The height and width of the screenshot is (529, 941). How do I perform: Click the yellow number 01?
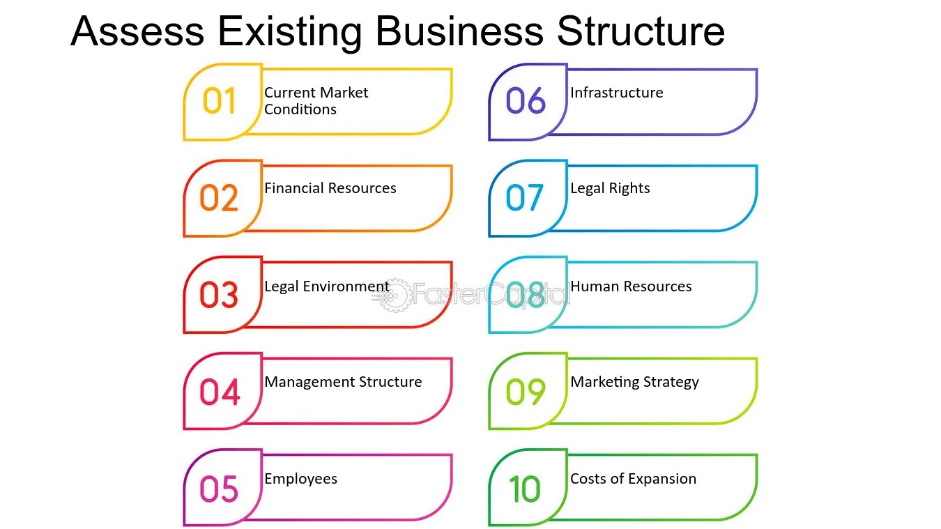point(220,102)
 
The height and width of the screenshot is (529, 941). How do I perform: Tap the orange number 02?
point(220,198)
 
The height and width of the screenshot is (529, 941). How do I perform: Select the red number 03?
point(220,295)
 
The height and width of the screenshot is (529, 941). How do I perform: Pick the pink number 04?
point(220,391)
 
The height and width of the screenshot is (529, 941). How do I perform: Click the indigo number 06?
point(526,102)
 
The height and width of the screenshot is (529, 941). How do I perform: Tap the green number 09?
point(526,391)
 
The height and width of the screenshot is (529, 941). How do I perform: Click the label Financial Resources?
point(330,188)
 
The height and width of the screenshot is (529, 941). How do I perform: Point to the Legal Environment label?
point(326,286)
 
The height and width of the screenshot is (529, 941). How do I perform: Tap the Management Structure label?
point(343,382)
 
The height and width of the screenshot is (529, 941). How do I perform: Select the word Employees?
point(300,479)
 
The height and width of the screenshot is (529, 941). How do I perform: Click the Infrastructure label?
point(616,93)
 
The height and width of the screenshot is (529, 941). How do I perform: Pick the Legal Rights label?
point(610,188)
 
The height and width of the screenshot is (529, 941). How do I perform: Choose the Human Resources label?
point(631,286)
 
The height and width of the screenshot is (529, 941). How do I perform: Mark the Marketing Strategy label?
point(634,382)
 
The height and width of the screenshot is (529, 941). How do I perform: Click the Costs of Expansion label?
point(633,479)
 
